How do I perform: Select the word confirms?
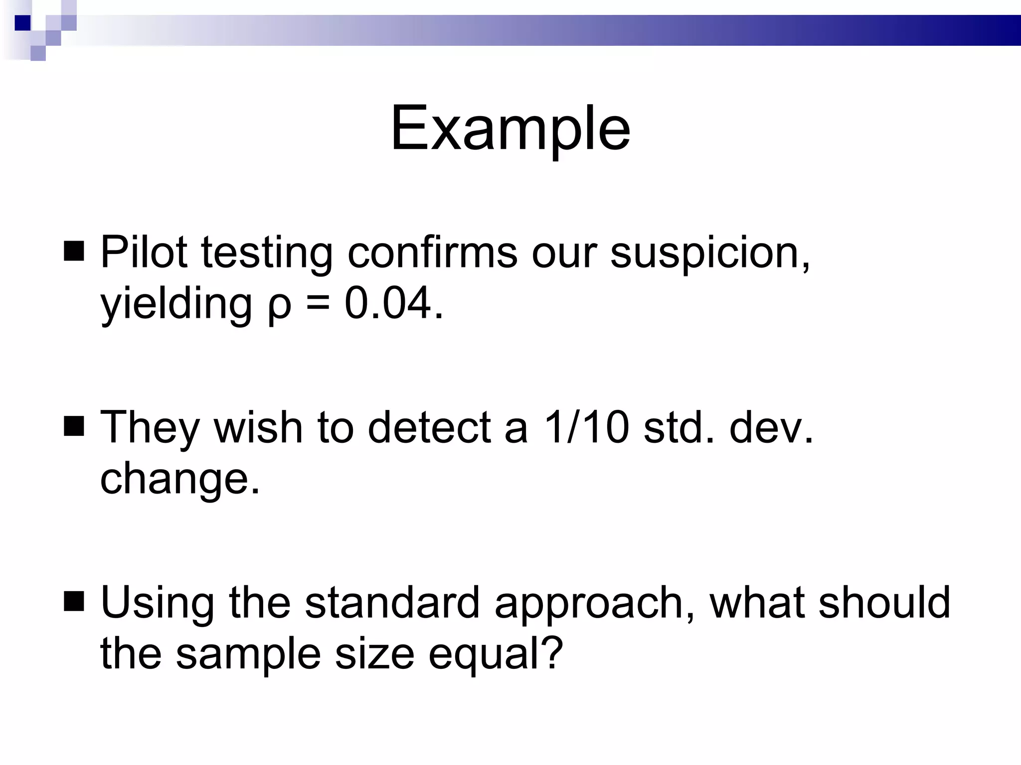tap(432, 253)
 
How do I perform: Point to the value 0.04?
tap(393, 303)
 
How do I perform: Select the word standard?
tap(392, 603)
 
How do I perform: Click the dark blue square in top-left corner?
tap(22, 22)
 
